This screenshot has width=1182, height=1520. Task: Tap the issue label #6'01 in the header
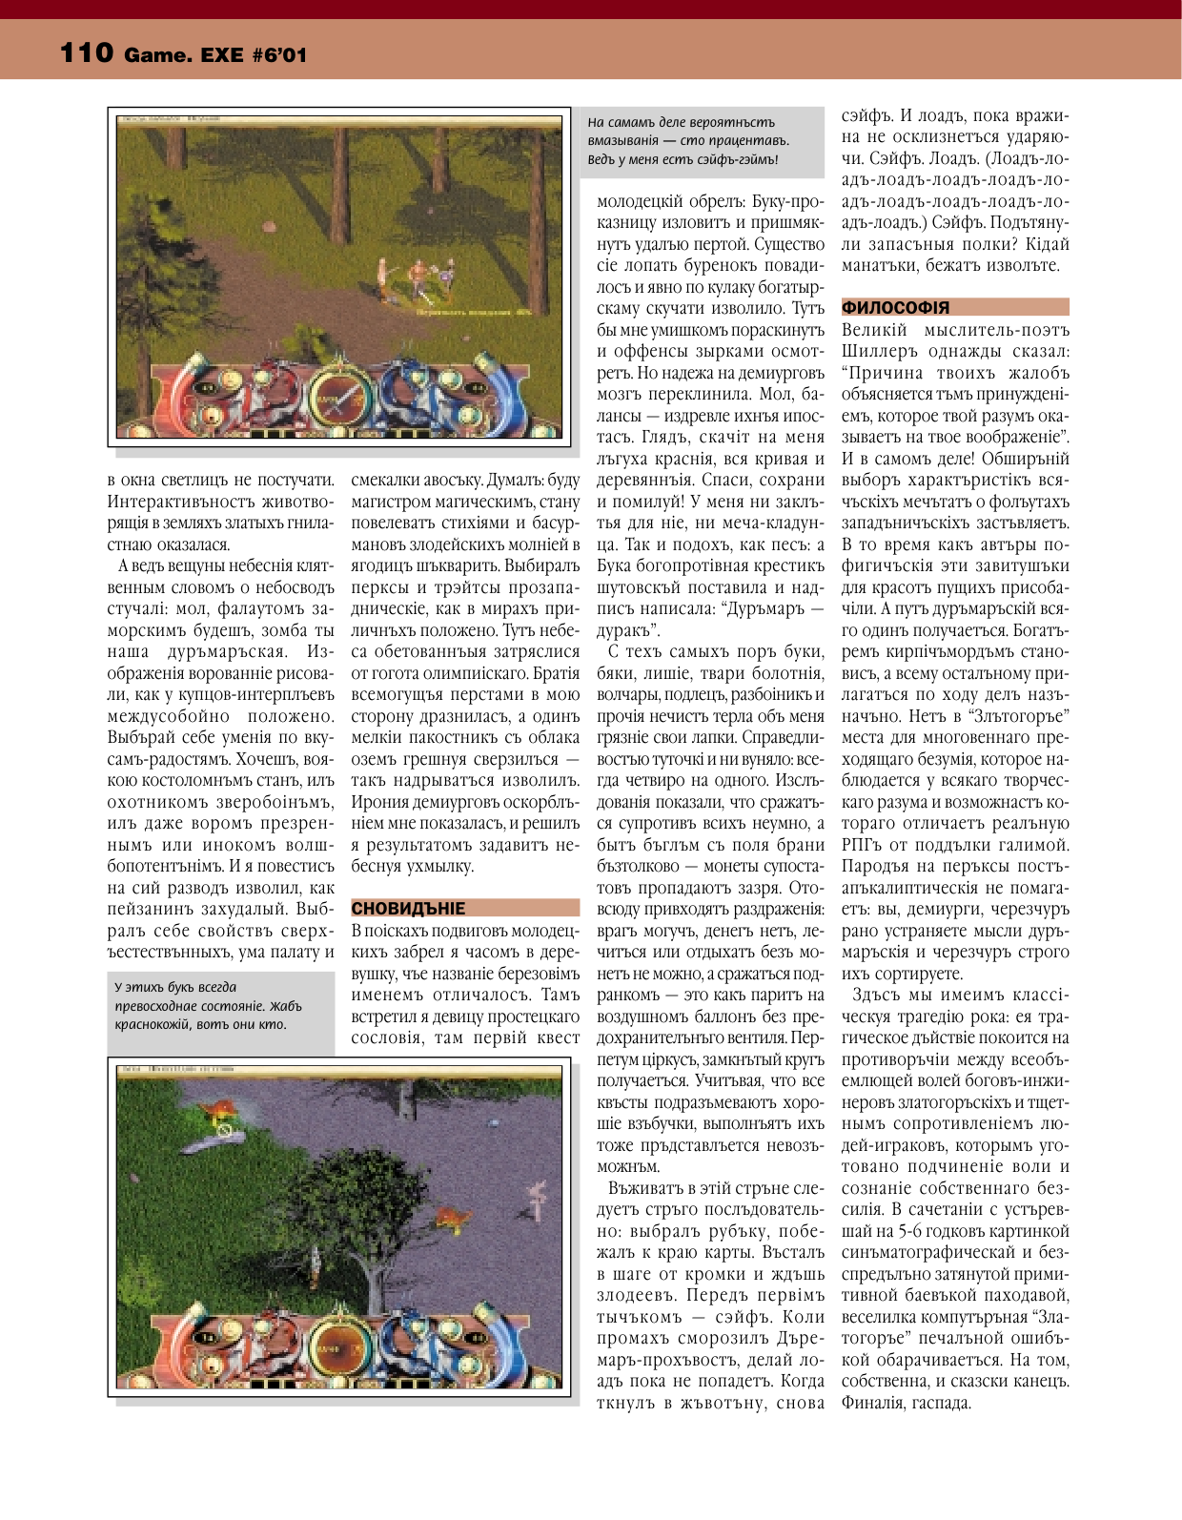coord(280,55)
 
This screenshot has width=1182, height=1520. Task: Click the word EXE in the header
coord(222,55)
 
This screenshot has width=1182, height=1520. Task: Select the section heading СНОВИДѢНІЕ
coord(409,908)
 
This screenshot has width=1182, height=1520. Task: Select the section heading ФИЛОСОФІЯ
coord(895,307)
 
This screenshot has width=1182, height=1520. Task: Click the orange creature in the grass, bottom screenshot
coord(219,1108)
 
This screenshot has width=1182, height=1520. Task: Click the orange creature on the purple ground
coord(451,1218)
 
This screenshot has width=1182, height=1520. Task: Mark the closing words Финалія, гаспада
coord(906,1403)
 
